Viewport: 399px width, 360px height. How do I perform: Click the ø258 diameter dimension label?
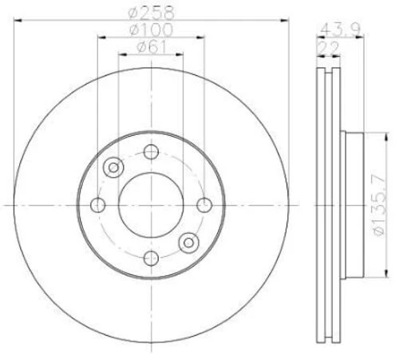click(151, 13)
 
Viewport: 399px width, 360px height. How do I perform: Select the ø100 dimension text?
click(151, 30)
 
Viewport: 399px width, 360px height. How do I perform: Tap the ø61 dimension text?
click(151, 47)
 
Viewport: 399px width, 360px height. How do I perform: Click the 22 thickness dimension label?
click(329, 48)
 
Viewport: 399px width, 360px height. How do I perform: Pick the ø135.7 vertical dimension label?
click(379, 205)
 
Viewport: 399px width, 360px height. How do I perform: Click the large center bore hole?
click(151, 205)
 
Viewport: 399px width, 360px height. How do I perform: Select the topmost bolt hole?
click(151, 152)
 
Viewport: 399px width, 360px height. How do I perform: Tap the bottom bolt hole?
click(151, 259)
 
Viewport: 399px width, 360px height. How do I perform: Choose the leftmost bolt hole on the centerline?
click(98, 205)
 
